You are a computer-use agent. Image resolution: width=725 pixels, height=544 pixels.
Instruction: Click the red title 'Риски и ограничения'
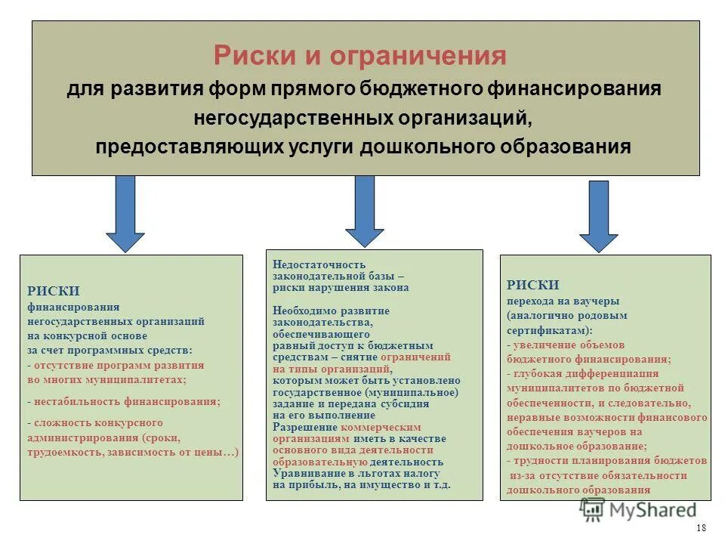(x=359, y=55)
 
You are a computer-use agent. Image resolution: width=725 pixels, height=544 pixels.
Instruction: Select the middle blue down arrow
(x=364, y=211)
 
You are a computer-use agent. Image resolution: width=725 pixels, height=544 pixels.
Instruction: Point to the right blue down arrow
(x=599, y=216)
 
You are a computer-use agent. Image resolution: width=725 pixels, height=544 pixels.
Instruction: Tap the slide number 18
(x=701, y=527)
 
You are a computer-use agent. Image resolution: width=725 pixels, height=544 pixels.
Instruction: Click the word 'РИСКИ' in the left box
(x=54, y=291)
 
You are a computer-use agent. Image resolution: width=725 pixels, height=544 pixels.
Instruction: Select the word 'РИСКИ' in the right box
(x=533, y=285)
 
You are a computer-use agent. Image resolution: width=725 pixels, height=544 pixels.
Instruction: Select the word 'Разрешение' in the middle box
(x=299, y=427)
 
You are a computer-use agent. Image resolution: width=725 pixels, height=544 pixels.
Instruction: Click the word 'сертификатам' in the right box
(x=548, y=330)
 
